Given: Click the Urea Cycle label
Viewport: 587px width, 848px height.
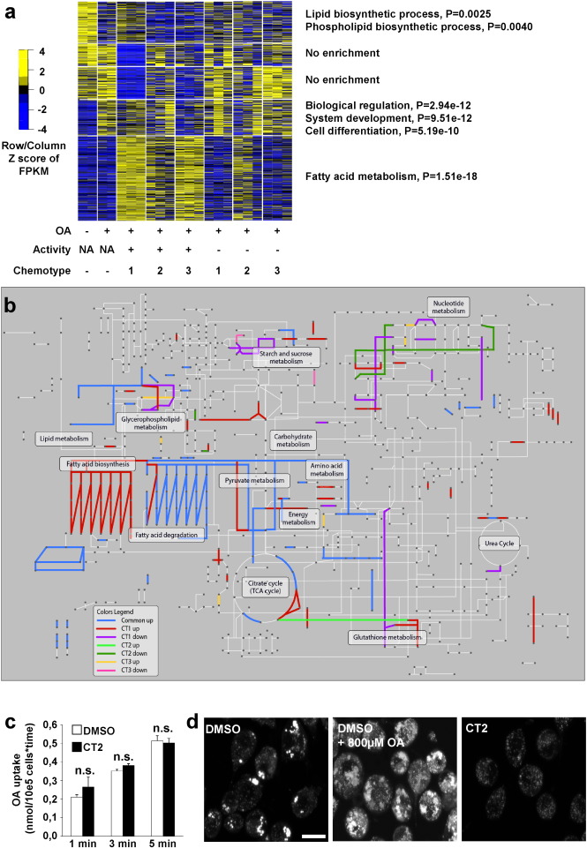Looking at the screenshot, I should click(x=499, y=544).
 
